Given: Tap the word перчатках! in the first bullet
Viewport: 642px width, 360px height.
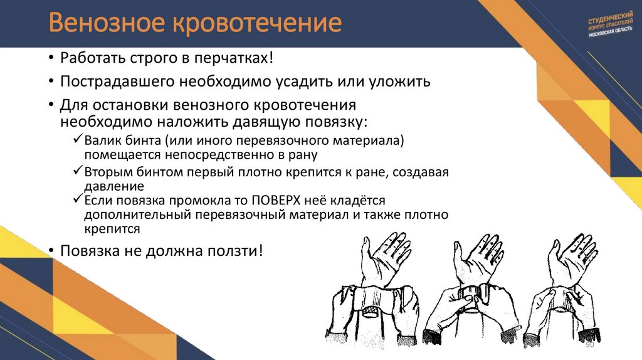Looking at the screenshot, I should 239,58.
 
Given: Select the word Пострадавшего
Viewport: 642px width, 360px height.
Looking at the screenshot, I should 117,82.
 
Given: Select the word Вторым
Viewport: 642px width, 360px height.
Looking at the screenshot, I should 103,172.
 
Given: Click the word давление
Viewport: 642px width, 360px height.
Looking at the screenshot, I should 113,186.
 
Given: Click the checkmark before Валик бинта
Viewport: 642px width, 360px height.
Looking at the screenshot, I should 76,140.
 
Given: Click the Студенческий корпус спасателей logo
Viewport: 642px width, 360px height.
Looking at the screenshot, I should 611,24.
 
